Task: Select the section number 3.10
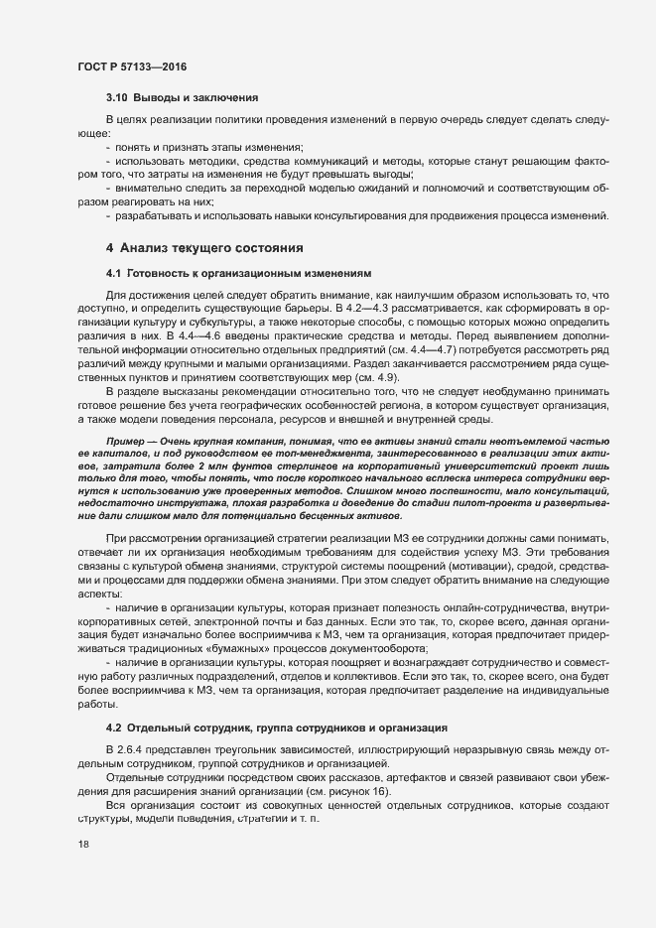point(118,98)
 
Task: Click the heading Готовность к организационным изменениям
point(235,272)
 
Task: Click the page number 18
point(83,900)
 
